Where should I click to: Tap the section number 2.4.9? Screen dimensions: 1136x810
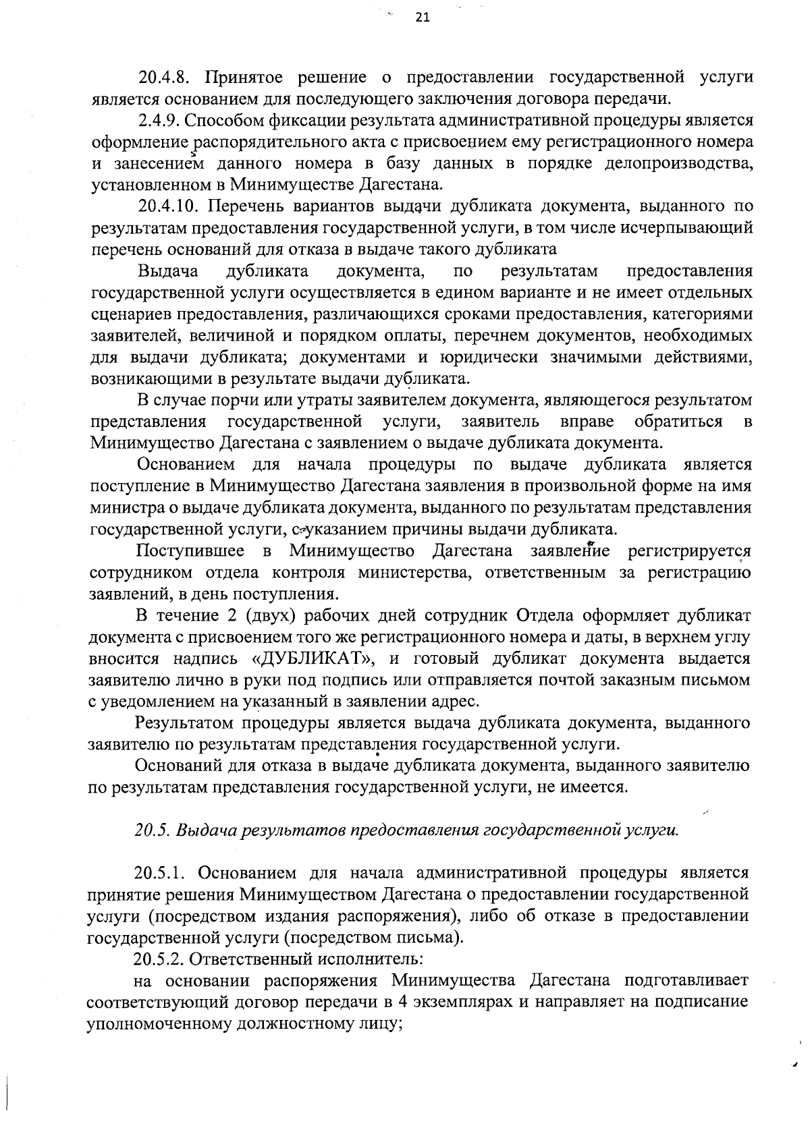point(159,121)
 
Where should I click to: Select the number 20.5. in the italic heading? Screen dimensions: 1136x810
point(153,830)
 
